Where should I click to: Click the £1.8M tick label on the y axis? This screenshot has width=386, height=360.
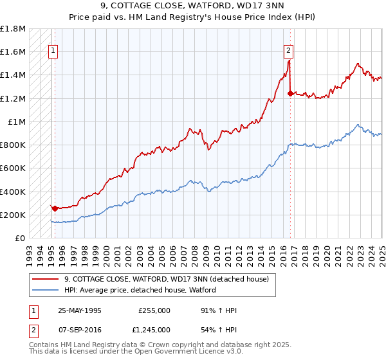click(13, 29)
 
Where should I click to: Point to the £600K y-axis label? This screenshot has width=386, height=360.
click(13, 168)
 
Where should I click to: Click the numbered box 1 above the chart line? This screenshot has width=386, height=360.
click(52, 52)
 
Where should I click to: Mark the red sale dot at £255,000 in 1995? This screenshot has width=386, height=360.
click(55, 208)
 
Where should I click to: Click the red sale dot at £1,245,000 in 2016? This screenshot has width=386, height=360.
click(290, 93)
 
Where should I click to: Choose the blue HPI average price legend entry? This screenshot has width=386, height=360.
click(140, 290)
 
